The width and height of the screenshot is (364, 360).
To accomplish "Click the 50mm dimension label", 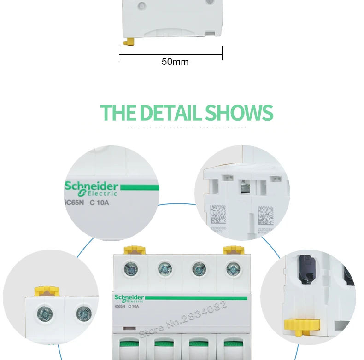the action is click(x=175, y=61).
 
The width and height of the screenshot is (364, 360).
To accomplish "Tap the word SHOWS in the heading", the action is click(x=239, y=113).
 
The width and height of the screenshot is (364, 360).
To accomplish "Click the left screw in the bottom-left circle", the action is click(x=45, y=314).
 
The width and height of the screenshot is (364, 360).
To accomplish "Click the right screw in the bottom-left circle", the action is click(x=84, y=314).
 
